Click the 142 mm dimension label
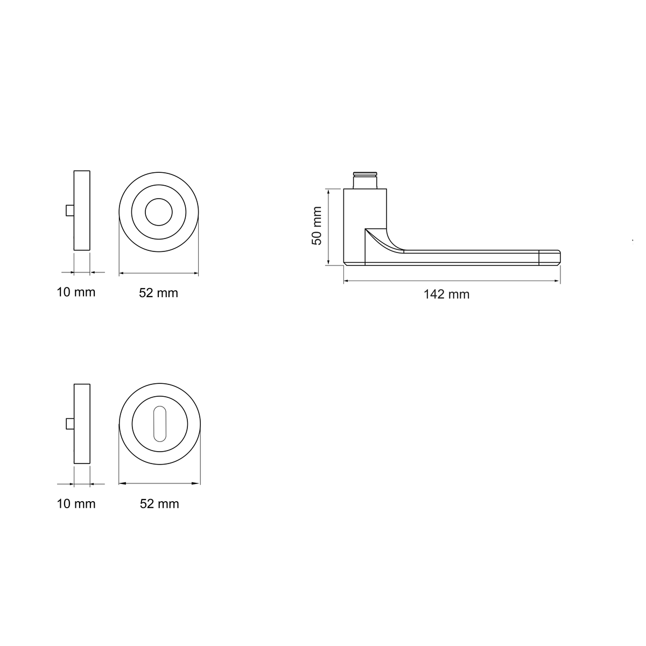(446, 294)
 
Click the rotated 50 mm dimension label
(317, 226)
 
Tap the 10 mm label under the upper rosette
(76, 292)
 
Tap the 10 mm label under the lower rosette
(76, 503)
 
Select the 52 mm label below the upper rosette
(159, 293)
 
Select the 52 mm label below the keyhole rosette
(159, 503)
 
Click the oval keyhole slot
(159, 424)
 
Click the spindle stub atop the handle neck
(365, 180)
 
